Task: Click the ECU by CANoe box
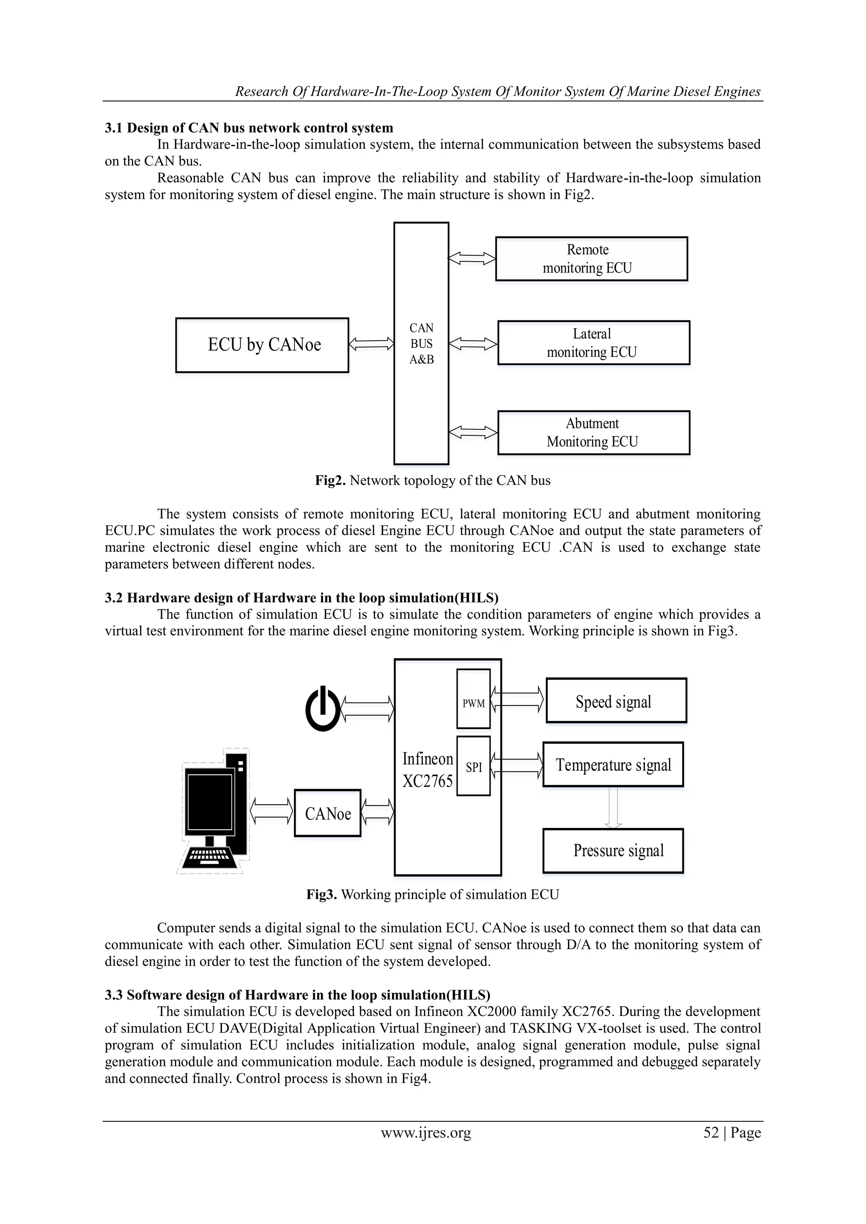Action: point(262,345)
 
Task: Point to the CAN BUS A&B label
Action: point(421,344)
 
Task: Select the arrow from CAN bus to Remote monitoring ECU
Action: point(471,259)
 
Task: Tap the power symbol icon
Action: point(322,710)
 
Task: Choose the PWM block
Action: point(474,698)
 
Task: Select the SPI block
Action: point(474,766)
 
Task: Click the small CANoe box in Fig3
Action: point(327,814)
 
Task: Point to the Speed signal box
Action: point(616,700)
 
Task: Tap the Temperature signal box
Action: point(613,765)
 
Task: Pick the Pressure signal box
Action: point(613,850)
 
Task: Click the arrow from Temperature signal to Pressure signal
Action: point(613,807)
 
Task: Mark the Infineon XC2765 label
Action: point(427,770)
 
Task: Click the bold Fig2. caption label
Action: point(330,480)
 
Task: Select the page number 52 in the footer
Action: point(711,1132)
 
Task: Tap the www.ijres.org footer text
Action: point(425,1132)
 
